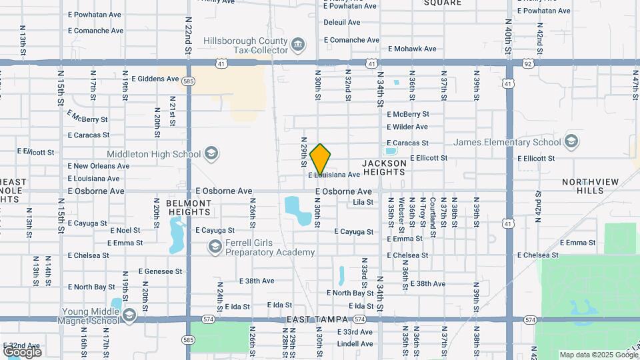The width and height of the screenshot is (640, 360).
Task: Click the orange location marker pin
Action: (x=321, y=159)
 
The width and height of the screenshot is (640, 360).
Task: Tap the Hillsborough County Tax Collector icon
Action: (x=298, y=45)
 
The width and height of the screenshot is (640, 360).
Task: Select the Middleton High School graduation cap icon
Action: (x=211, y=154)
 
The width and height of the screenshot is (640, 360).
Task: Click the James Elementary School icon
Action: (x=571, y=141)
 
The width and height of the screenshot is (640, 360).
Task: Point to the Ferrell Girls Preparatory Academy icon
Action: (x=215, y=247)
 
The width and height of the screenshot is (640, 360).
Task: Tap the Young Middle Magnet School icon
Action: (x=129, y=315)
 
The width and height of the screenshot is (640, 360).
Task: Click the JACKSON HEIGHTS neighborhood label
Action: (x=384, y=167)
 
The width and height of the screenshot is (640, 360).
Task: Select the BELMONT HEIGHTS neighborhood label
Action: (x=189, y=207)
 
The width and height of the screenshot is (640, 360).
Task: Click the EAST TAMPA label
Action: (x=319, y=320)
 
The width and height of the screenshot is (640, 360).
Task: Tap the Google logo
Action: (x=22, y=351)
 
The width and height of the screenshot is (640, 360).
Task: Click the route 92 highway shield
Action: (x=528, y=63)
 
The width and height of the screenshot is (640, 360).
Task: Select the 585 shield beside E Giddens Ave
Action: (x=189, y=81)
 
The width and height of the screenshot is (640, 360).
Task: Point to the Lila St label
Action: (x=363, y=202)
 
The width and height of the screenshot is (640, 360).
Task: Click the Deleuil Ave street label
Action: (x=342, y=22)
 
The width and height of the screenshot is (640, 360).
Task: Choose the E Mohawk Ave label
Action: (x=412, y=49)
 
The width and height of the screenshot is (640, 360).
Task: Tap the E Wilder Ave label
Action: (x=407, y=127)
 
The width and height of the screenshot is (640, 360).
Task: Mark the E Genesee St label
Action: (x=160, y=271)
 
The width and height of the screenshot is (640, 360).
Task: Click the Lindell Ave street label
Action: (x=355, y=344)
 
